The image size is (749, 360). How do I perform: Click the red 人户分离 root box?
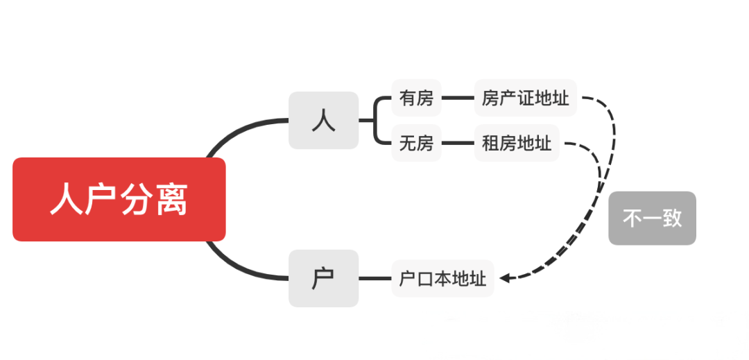pos(119,200)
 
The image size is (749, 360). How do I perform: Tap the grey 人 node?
pos(323,120)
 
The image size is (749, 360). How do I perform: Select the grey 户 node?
pos(323,278)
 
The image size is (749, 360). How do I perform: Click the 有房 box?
pos(416,98)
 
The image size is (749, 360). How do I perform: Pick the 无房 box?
pos(416,144)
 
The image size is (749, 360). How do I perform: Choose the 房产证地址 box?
pos(525,98)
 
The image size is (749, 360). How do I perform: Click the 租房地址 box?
pos(517,144)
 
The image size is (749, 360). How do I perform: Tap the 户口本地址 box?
pos(442,279)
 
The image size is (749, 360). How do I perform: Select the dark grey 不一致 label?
pos(652,218)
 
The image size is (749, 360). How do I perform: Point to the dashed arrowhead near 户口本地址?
pos(505,277)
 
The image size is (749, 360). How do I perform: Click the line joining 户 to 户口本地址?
pos(374,279)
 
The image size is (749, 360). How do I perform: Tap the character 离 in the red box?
pos(171,200)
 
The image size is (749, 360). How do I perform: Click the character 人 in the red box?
pos(67,200)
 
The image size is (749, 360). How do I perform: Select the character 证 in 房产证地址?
pos(525,98)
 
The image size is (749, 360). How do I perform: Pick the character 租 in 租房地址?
pos(490,144)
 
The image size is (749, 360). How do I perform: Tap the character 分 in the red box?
pos(137,200)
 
